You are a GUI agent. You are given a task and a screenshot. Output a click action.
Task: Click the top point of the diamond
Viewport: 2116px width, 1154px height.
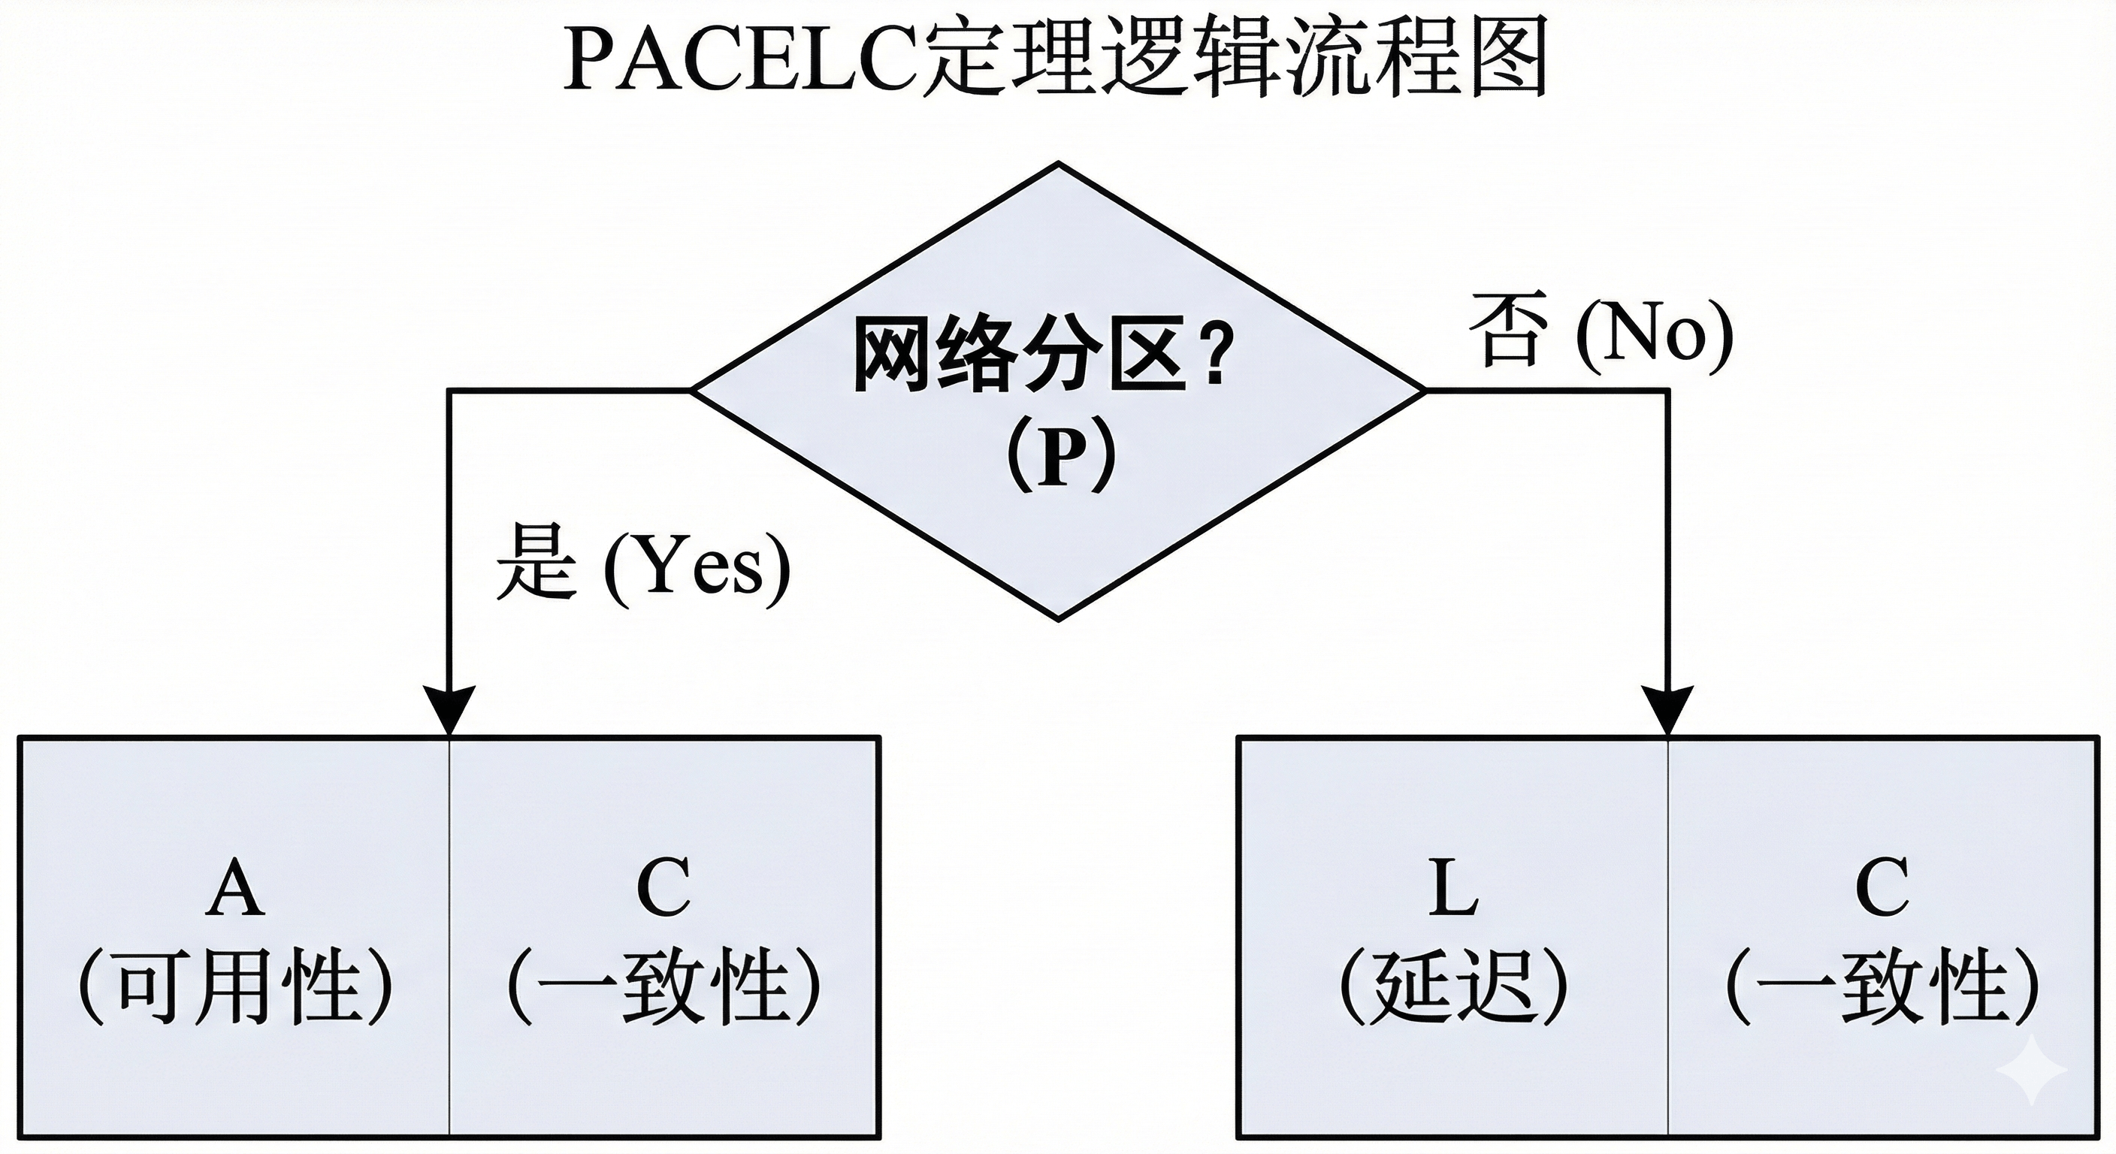click(1058, 165)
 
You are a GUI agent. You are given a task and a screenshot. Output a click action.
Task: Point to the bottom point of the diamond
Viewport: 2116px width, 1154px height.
click(1058, 618)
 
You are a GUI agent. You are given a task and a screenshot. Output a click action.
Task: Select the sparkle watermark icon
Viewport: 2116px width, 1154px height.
click(2042, 1068)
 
